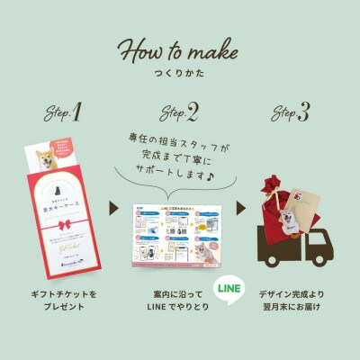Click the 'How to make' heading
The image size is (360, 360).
180,49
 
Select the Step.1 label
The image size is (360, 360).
64,113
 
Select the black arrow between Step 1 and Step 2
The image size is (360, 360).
114,209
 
